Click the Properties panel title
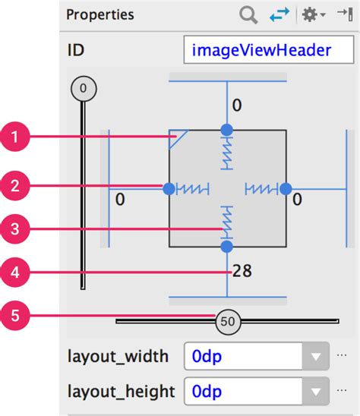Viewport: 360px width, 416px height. coord(99,14)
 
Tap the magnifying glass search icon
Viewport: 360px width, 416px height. coord(248,14)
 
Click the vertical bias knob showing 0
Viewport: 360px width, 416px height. coord(83,89)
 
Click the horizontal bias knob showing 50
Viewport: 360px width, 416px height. coord(227,321)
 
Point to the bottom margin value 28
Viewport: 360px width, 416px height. coord(242,270)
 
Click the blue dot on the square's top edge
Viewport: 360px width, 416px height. coord(226,129)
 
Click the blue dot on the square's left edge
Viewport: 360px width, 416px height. coord(168,188)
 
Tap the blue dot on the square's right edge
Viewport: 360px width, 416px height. coord(286,188)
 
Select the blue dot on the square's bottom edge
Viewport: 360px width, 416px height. coord(226,247)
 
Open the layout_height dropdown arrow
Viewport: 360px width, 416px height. coord(313,392)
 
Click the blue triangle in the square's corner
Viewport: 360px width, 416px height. coord(177,137)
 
